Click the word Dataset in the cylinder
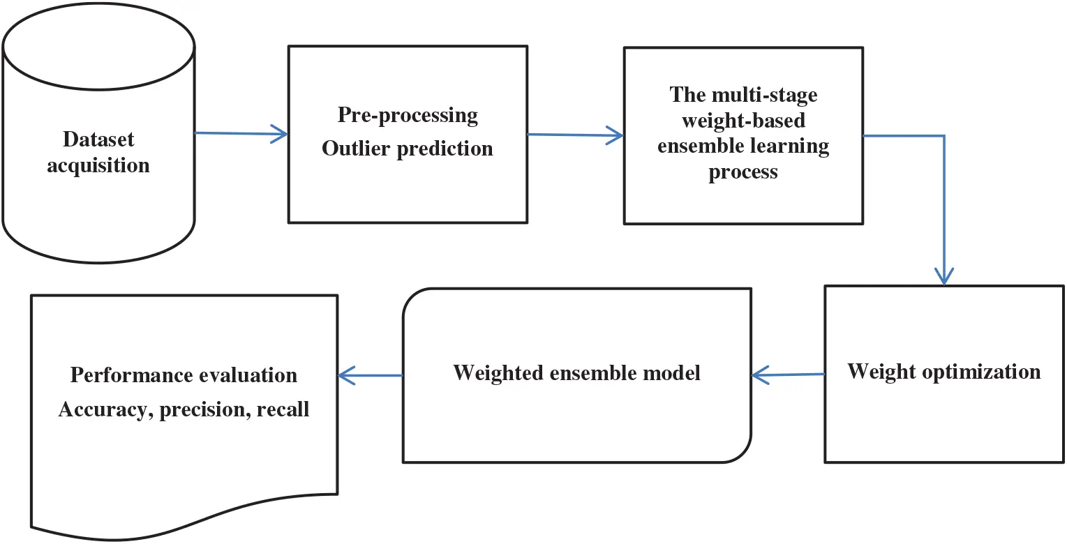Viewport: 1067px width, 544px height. tap(98, 139)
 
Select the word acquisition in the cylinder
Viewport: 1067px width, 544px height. tap(98, 166)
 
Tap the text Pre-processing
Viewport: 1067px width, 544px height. tap(408, 114)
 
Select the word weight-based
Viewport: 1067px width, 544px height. tap(743, 120)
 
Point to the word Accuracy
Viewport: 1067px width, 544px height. tap(104, 409)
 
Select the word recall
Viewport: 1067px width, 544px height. tap(283, 409)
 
